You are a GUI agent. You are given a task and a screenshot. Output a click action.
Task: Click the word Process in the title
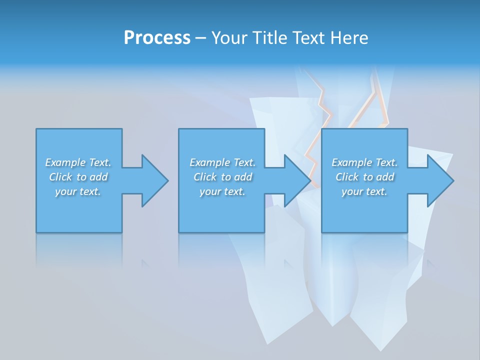157,38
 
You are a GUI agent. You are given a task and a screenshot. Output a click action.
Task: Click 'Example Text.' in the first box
78,162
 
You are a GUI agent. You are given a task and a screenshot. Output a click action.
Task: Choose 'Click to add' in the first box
78,177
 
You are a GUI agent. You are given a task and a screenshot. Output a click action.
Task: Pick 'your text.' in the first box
78,191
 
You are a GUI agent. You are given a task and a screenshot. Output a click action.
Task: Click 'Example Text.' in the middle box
222,162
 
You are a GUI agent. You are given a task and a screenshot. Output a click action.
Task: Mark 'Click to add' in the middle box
222,177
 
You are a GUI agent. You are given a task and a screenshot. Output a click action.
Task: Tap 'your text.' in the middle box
222,191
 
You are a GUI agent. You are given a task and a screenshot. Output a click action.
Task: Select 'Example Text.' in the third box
364,162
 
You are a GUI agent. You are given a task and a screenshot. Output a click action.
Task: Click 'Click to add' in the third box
364,177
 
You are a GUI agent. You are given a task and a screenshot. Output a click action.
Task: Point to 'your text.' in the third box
364,191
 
